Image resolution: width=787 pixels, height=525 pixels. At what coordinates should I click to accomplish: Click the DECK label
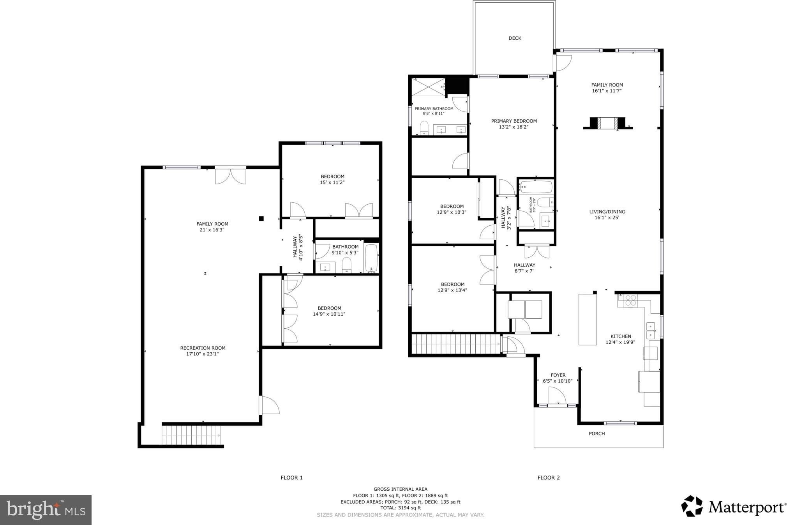point(515,38)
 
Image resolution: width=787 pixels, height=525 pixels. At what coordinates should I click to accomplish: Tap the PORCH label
point(596,433)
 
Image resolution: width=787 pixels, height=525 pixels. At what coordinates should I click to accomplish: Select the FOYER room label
point(558,375)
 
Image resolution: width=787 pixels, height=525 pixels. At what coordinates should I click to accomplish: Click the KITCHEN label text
point(621,336)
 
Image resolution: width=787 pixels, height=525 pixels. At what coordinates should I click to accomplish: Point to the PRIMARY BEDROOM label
point(514,121)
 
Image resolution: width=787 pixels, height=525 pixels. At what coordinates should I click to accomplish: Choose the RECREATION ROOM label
point(203,348)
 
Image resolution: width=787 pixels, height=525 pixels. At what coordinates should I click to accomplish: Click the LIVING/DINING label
point(607,212)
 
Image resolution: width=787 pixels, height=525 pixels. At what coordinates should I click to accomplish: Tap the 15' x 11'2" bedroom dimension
point(332,182)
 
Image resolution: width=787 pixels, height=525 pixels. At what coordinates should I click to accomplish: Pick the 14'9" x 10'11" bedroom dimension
point(329,314)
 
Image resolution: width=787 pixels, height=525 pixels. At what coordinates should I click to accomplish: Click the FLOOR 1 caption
point(291,477)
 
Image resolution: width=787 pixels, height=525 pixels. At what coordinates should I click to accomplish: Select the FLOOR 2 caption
point(549,477)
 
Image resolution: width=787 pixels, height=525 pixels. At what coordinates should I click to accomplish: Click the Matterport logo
point(733,506)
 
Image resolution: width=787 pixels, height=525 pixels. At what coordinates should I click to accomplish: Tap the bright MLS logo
point(46,510)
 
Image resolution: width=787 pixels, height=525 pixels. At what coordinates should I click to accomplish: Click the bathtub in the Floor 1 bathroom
point(371,258)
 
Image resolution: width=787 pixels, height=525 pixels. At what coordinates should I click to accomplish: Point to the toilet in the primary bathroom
point(424,128)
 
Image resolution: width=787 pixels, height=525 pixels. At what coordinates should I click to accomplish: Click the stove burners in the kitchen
point(630,301)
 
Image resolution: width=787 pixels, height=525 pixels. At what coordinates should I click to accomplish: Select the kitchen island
point(588,320)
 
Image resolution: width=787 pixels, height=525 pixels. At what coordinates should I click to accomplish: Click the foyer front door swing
point(557,397)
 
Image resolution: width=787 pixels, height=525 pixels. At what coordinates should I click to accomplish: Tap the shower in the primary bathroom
point(428,87)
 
